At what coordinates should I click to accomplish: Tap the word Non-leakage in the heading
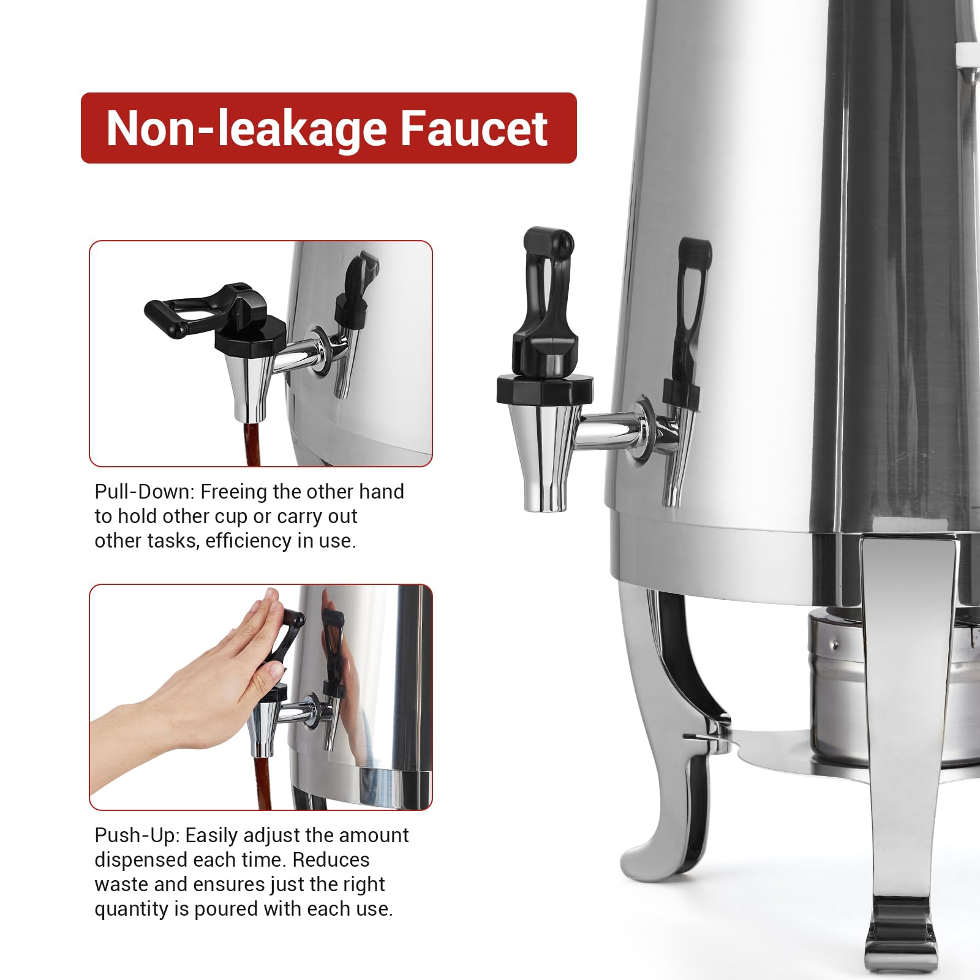[x=245, y=129]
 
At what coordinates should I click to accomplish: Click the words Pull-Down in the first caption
[x=143, y=492]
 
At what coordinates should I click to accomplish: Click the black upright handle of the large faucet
[x=543, y=300]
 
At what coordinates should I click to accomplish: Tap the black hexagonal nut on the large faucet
[x=545, y=390]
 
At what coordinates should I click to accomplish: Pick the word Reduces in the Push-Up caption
[x=331, y=860]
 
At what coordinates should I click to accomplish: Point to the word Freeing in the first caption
[x=233, y=492]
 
